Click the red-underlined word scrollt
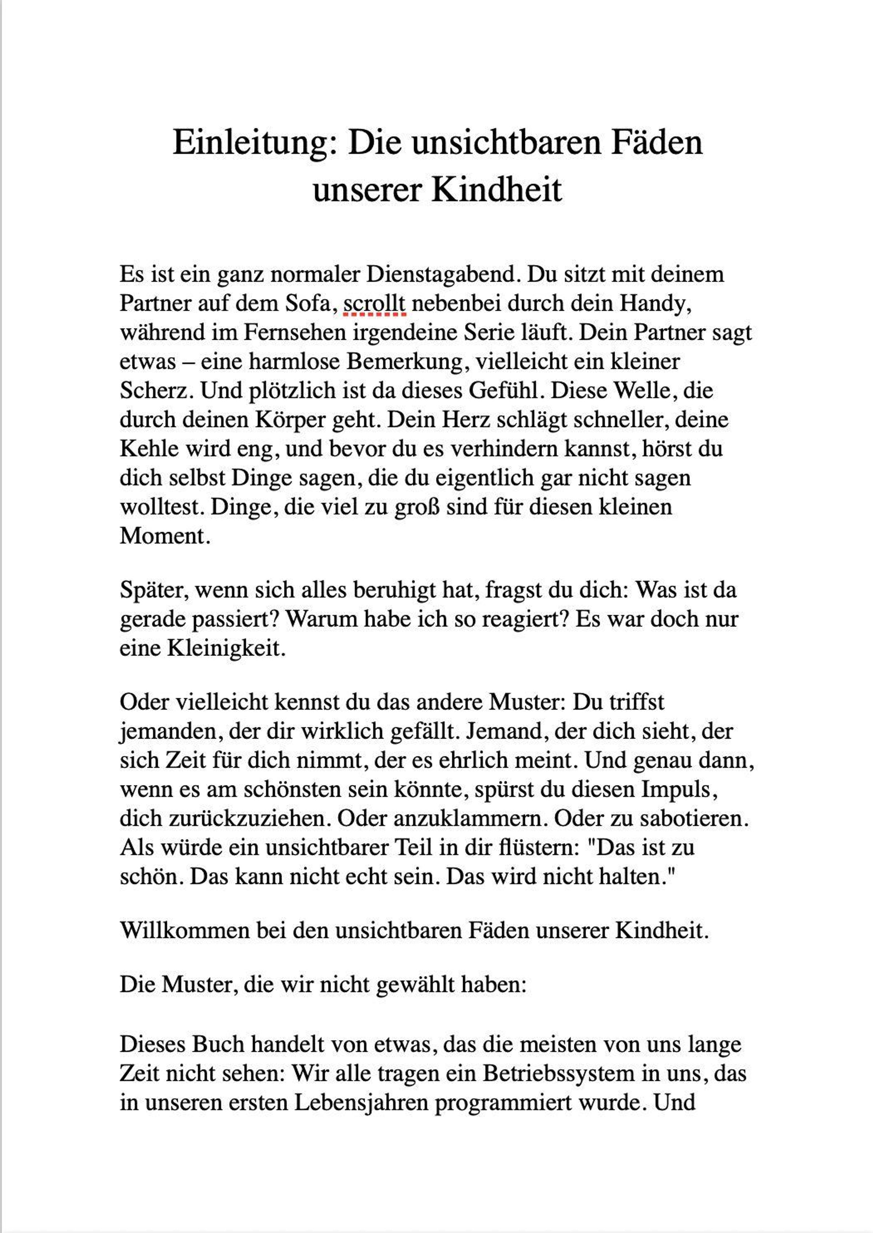374,304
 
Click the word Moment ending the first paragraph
164,536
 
